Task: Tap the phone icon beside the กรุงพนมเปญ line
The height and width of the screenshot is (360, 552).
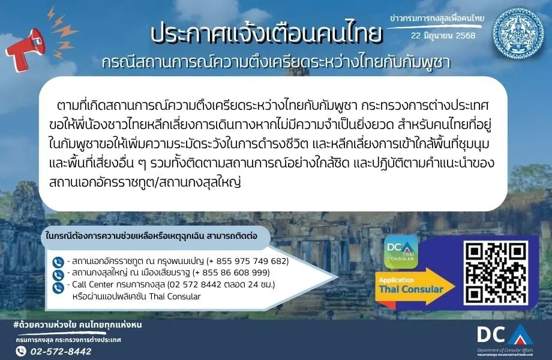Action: tap(58, 262)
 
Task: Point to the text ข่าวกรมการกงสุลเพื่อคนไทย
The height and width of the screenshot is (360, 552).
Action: tap(437, 19)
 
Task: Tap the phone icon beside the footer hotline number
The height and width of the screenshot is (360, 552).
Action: tap(22, 351)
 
